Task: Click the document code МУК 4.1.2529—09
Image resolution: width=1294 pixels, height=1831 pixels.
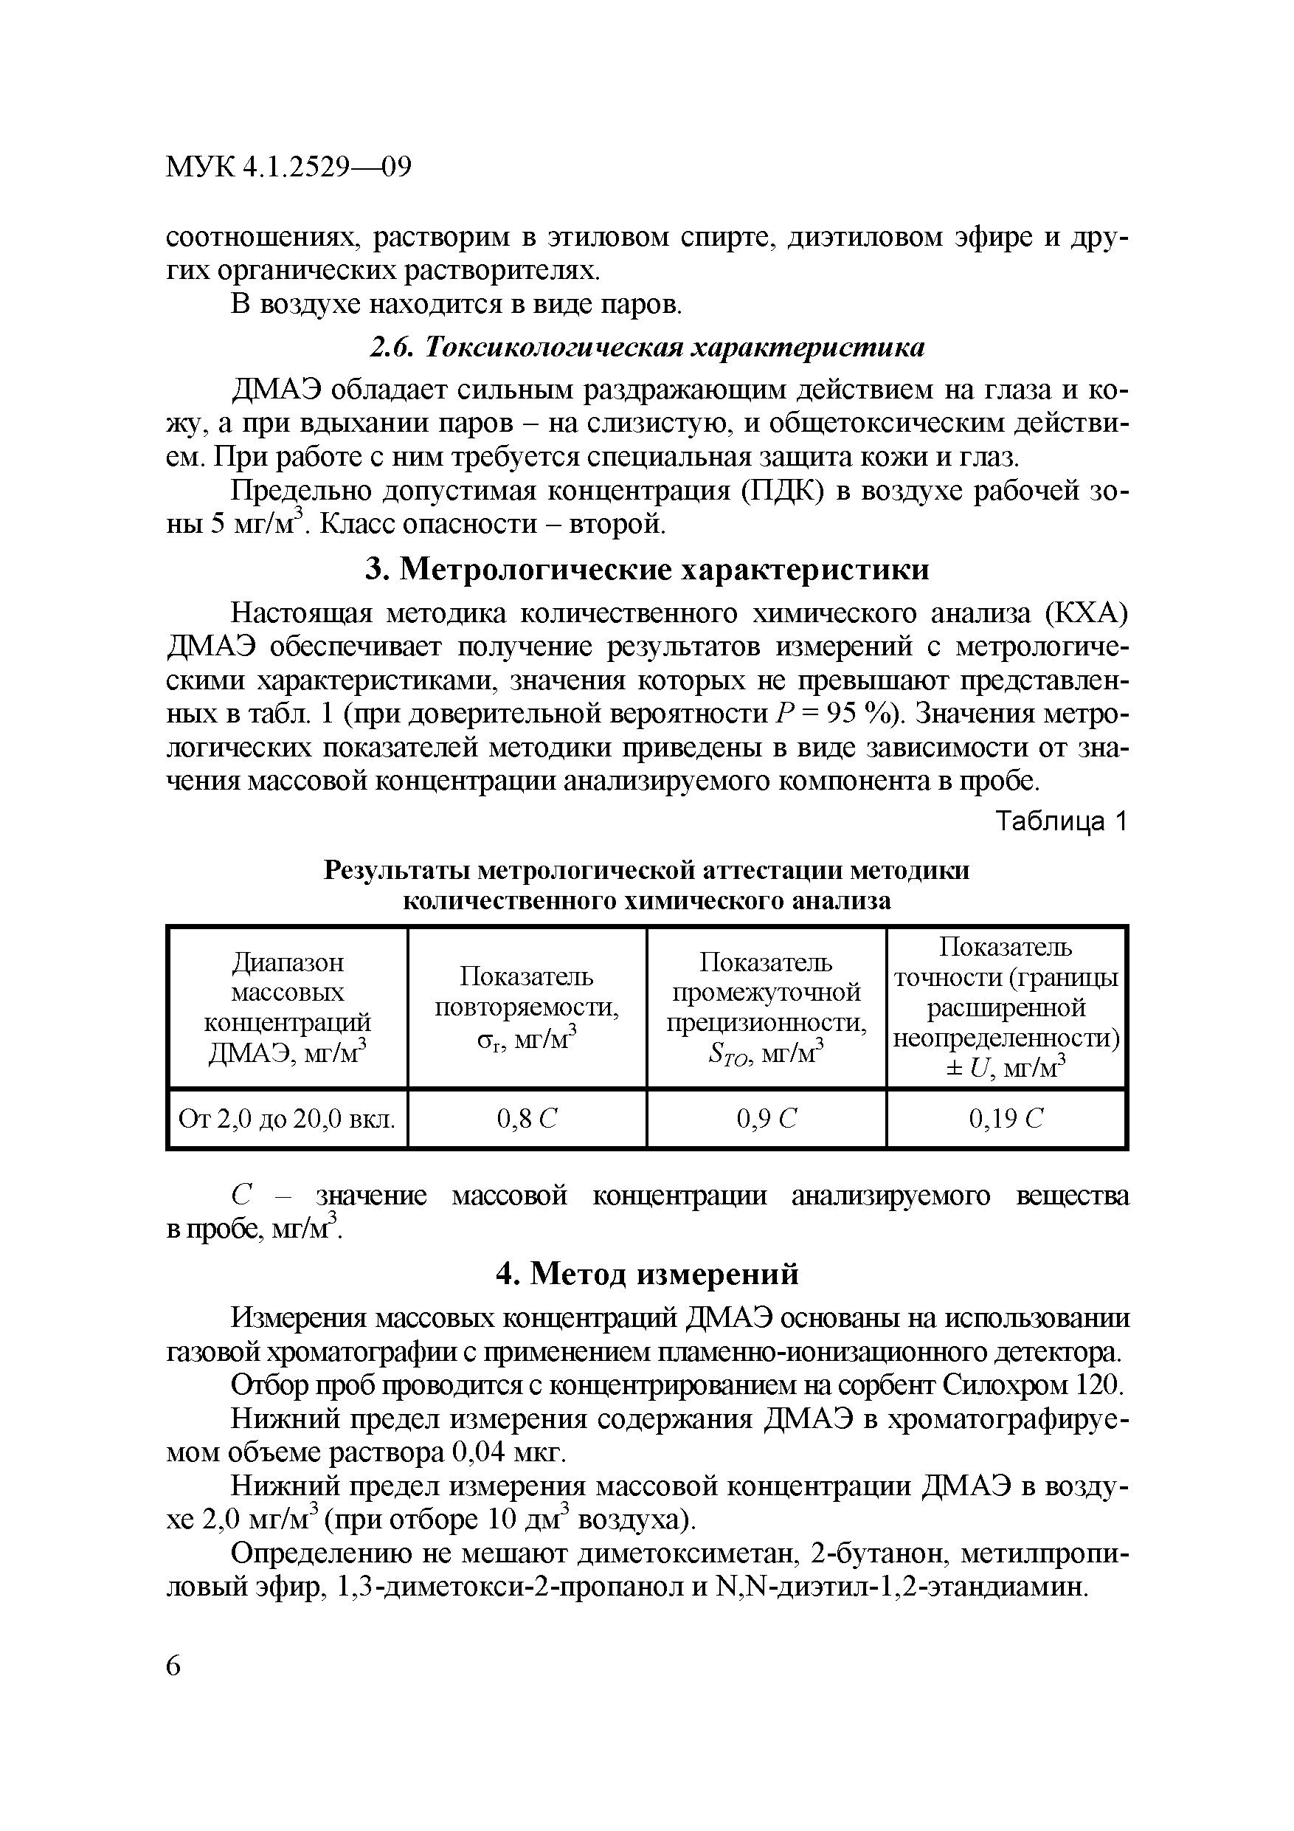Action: pos(288,168)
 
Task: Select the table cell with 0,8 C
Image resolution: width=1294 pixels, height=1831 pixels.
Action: pos(527,1120)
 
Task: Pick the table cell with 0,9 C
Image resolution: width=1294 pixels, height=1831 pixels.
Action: pos(767,1120)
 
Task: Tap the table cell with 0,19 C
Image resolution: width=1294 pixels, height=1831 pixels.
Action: pos(1006,1120)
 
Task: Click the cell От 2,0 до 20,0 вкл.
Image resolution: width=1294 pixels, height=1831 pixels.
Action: pos(287,1120)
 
